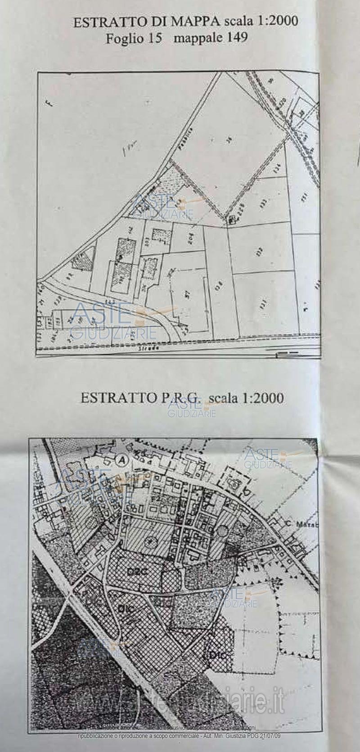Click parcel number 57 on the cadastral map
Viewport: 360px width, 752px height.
tap(188, 295)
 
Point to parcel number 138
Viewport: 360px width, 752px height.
tap(219, 285)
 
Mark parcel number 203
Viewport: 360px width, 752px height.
tap(147, 242)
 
